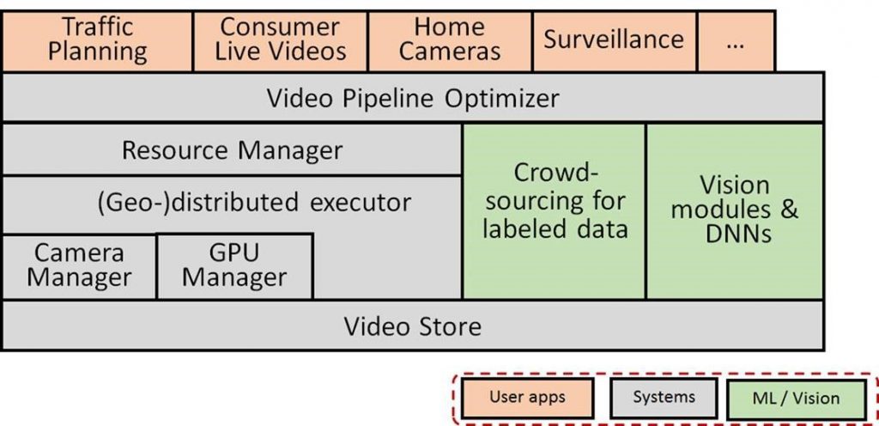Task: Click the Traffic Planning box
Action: coord(97,40)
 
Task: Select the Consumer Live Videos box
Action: coord(281,40)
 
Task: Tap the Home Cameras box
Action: coord(450,40)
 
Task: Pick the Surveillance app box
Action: coord(614,40)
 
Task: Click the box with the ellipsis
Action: coord(735,40)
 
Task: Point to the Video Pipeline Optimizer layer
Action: coord(412,98)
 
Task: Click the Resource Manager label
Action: coord(232,150)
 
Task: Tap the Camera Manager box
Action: coord(79,265)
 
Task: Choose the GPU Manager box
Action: coord(234,265)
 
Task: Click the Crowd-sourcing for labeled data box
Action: coord(555,201)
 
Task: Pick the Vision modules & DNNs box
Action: coord(735,210)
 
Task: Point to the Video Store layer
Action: coord(412,326)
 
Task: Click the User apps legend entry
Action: coord(528,398)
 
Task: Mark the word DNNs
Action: coord(735,234)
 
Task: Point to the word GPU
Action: coord(234,253)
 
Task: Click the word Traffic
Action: coord(97,27)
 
